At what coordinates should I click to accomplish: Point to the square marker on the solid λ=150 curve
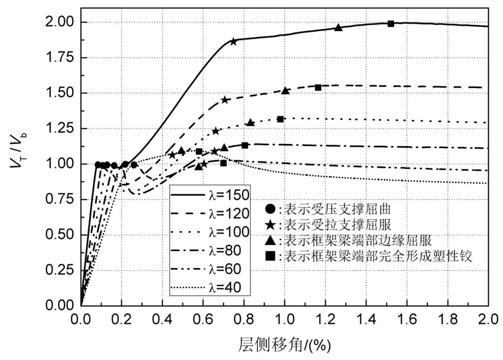click(x=391, y=24)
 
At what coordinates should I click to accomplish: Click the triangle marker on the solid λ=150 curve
click(x=339, y=27)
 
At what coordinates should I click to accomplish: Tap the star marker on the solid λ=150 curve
click(x=233, y=41)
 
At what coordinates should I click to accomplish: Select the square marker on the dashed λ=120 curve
click(x=318, y=88)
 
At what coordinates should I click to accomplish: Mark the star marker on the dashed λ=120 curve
click(x=225, y=100)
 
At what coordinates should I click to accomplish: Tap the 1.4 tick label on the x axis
click(x=366, y=321)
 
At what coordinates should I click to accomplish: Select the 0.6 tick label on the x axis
click(x=203, y=321)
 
